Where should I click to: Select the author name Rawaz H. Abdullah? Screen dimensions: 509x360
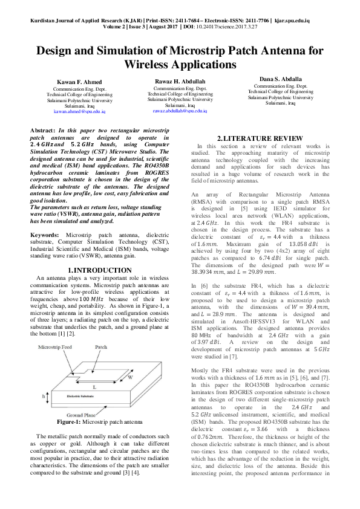[180, 82]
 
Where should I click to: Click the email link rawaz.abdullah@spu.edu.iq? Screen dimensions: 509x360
[180, 111]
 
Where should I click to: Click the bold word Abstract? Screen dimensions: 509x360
[44, 131]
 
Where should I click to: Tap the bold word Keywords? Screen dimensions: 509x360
[46, 233]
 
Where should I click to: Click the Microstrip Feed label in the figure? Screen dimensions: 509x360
[56, 348]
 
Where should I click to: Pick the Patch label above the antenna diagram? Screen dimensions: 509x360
[100, 348]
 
